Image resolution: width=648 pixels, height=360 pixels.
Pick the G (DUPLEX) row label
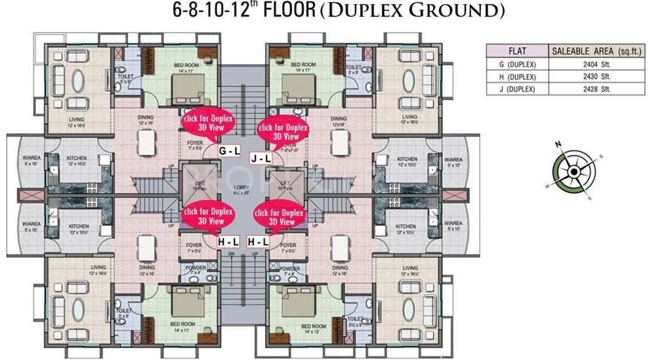point(518,64)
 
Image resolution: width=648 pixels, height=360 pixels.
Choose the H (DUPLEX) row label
point(518,76)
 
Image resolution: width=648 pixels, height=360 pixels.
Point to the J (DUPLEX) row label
point(518,89)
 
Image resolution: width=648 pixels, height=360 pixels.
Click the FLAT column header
point(518,51)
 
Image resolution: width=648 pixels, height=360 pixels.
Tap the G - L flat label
point(229,151)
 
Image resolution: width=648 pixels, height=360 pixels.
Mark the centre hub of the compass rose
point(573,171)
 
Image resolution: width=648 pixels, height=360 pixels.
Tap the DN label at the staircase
point(231,255)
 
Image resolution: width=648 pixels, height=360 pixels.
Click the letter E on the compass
point(601,156)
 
